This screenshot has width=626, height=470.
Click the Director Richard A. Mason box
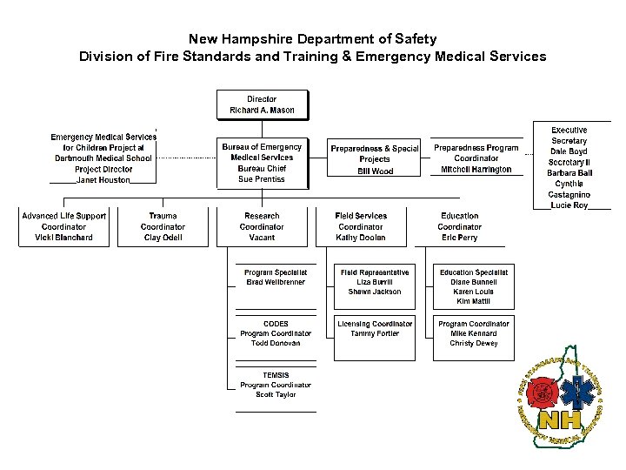click(262, 105)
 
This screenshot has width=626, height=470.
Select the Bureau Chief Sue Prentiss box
click(262, 164)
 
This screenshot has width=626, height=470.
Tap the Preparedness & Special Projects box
click(375, 160)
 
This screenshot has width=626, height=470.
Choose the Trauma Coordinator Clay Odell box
click(163, 226)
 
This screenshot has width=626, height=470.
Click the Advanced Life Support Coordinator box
click(64, 226)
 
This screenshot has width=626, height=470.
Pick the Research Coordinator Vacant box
click(262, 226)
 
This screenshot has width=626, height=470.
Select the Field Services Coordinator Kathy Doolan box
click(361, 226)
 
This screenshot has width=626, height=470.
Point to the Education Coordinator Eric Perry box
click(459, 226)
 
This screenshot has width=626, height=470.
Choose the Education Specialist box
click(474, 286)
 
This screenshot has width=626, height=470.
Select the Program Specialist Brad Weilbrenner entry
click(276, 278)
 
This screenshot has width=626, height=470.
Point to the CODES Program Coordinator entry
click(276, 333)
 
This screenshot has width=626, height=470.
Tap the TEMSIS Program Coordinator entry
click(276, 385)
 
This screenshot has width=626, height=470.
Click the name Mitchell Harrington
click(476, 170)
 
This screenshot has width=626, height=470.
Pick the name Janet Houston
click(103, 180)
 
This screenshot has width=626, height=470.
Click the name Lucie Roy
click(569, 205)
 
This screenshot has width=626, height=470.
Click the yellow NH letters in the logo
click(559, 421)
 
